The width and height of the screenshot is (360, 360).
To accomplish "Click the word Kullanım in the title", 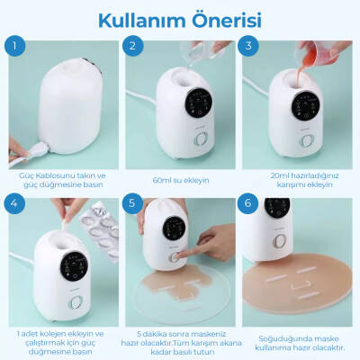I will click(134, 20).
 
